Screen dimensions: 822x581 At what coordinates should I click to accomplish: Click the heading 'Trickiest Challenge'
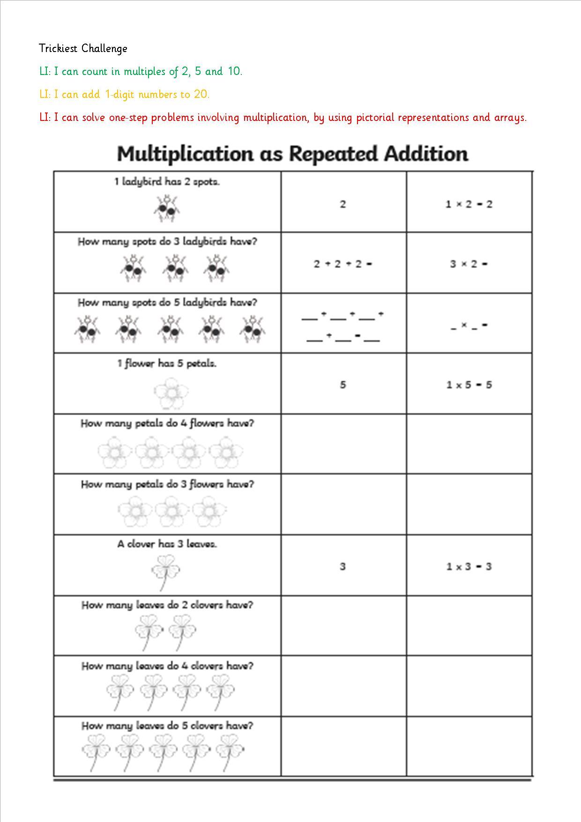coord(83,48)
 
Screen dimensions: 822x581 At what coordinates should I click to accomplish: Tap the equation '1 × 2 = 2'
coord(469,204)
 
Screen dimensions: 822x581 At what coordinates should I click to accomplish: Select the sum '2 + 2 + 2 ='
coord(343,264)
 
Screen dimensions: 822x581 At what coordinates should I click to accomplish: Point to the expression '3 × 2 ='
coord(469,264)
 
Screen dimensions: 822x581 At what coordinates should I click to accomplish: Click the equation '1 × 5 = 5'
coord(469,385)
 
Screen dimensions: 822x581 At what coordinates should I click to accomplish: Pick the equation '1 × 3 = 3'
coord(469,567)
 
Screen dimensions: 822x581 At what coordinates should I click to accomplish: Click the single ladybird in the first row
coord(166,209)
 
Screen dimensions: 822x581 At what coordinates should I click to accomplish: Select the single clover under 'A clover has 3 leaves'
coord(165,571)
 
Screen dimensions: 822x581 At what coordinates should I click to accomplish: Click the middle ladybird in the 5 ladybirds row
coord(170,329)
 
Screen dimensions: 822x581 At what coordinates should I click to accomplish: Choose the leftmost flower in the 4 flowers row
coord(113,452)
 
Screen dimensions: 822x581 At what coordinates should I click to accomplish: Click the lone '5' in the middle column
coord(343,385)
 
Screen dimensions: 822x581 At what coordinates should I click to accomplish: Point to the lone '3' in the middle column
coord(343,567)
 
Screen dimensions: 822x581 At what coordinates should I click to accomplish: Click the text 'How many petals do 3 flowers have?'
coord(167,484)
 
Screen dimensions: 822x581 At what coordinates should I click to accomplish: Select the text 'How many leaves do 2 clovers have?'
coord(167,605)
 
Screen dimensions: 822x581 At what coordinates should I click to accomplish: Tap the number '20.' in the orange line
coord(201,94)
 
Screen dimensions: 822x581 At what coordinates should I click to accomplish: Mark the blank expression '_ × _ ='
coord(469,325)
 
